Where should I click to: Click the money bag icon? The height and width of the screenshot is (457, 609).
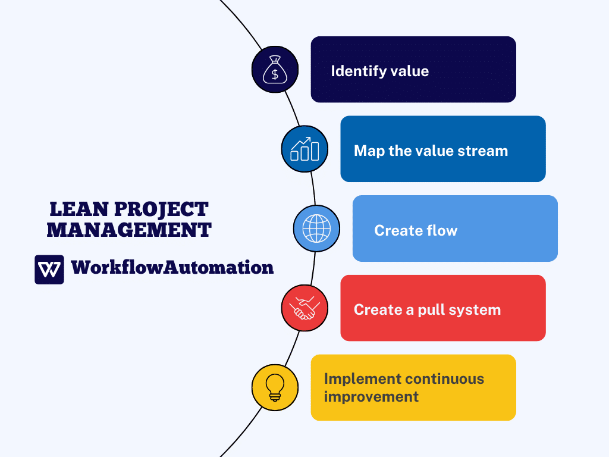point(275,70)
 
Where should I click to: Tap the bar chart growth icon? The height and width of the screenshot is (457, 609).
point(304,149)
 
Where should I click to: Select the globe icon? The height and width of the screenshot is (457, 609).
point(316,228)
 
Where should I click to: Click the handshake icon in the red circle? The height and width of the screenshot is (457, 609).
point(304,308)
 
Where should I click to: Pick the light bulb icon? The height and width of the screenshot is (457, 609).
point(275,387)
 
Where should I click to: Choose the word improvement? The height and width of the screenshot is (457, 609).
point(371,396)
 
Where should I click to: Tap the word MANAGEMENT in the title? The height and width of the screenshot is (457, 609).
point(129,230)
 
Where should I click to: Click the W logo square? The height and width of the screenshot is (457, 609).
point(49,270)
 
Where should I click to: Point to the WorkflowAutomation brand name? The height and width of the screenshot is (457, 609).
point(172,268)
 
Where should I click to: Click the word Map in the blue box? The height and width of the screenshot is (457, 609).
point(369,151)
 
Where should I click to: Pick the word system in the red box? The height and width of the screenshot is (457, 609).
point(479,310)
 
